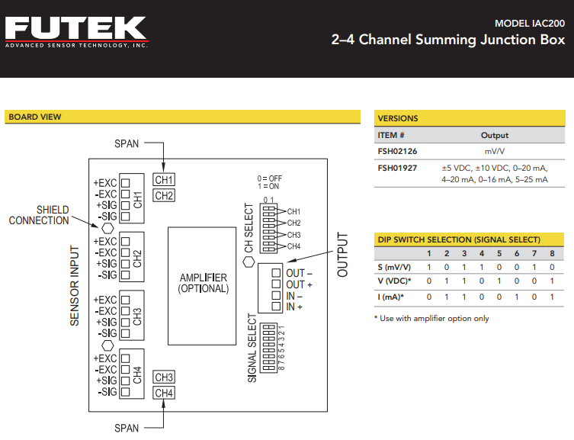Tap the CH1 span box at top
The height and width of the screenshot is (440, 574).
(x=164, y=180)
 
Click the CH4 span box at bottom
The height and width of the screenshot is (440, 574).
(x=164, y=393)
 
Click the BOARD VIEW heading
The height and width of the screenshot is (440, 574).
(x=34, y=117)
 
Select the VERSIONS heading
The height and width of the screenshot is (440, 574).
(x=398, y=118)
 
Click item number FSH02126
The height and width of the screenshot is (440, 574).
(x=398, y=151)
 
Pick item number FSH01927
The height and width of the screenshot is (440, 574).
(x=398, y=168)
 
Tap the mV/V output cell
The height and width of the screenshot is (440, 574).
(x=495, y=151)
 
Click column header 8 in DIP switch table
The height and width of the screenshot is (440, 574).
(x=552, y=253)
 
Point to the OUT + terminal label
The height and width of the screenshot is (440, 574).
(x=300, y=284)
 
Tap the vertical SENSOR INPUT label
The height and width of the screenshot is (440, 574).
(x=75, y=286)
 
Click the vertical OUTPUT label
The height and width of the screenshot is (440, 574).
(x=342, y=255)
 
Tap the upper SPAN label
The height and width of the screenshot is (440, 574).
(x=127, y=143)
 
